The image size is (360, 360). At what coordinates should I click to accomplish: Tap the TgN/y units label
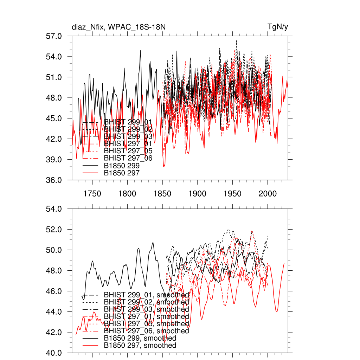click(278, 27)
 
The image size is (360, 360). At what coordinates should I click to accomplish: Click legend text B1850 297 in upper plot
click(122, 173)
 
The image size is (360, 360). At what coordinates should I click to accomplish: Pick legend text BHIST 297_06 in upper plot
click(128, 158)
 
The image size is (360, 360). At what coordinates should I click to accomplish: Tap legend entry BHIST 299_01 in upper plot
click(128, 122)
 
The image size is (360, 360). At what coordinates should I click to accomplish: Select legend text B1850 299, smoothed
click(140, 338)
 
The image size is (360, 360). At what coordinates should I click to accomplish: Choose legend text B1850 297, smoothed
click(140, 346)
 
